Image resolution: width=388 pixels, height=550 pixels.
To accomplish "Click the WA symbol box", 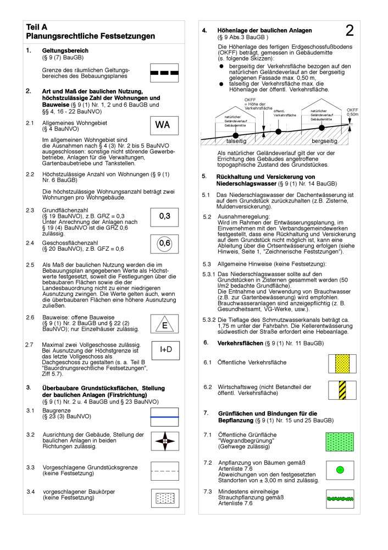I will pos(163,125).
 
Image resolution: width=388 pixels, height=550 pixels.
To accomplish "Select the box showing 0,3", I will pos(164,216).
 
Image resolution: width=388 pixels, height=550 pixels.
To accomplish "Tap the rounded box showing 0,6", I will pos(164,243).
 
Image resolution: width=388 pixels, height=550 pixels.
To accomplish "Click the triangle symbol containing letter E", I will pos(164,324).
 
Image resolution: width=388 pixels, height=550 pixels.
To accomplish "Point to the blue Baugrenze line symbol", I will pos(164,417).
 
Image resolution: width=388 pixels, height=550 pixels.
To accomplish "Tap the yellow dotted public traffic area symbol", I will pos(343,364).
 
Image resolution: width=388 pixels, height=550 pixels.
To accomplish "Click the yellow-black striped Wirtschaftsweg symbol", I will pos(343,390).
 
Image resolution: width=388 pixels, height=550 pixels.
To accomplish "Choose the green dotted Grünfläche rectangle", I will pos(343,442).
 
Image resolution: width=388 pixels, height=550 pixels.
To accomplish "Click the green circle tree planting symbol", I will pos(340,470).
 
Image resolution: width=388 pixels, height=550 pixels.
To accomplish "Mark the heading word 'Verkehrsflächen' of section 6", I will pos(239,343).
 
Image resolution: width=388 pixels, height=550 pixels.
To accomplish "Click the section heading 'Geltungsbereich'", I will pos(65,51).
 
